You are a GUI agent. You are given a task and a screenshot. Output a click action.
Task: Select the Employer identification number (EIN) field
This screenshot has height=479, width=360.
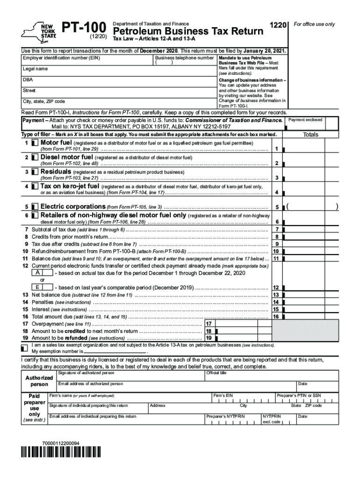[87, 62]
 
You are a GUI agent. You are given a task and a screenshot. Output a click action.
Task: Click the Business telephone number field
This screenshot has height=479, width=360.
[184, 63]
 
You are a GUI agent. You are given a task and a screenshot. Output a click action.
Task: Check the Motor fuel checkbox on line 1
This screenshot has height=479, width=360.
[35, 143]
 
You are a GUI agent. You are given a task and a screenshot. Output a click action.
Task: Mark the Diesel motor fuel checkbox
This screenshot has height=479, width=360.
[35, 157]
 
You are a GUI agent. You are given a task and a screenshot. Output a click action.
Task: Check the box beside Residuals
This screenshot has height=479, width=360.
[35, 172]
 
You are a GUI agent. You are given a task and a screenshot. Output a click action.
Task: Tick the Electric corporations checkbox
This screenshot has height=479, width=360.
[35, 207]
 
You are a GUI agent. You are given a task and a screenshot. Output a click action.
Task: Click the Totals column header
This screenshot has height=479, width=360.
[310, 135]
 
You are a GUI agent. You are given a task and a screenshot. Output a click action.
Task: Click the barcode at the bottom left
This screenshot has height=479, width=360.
[61, 452]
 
